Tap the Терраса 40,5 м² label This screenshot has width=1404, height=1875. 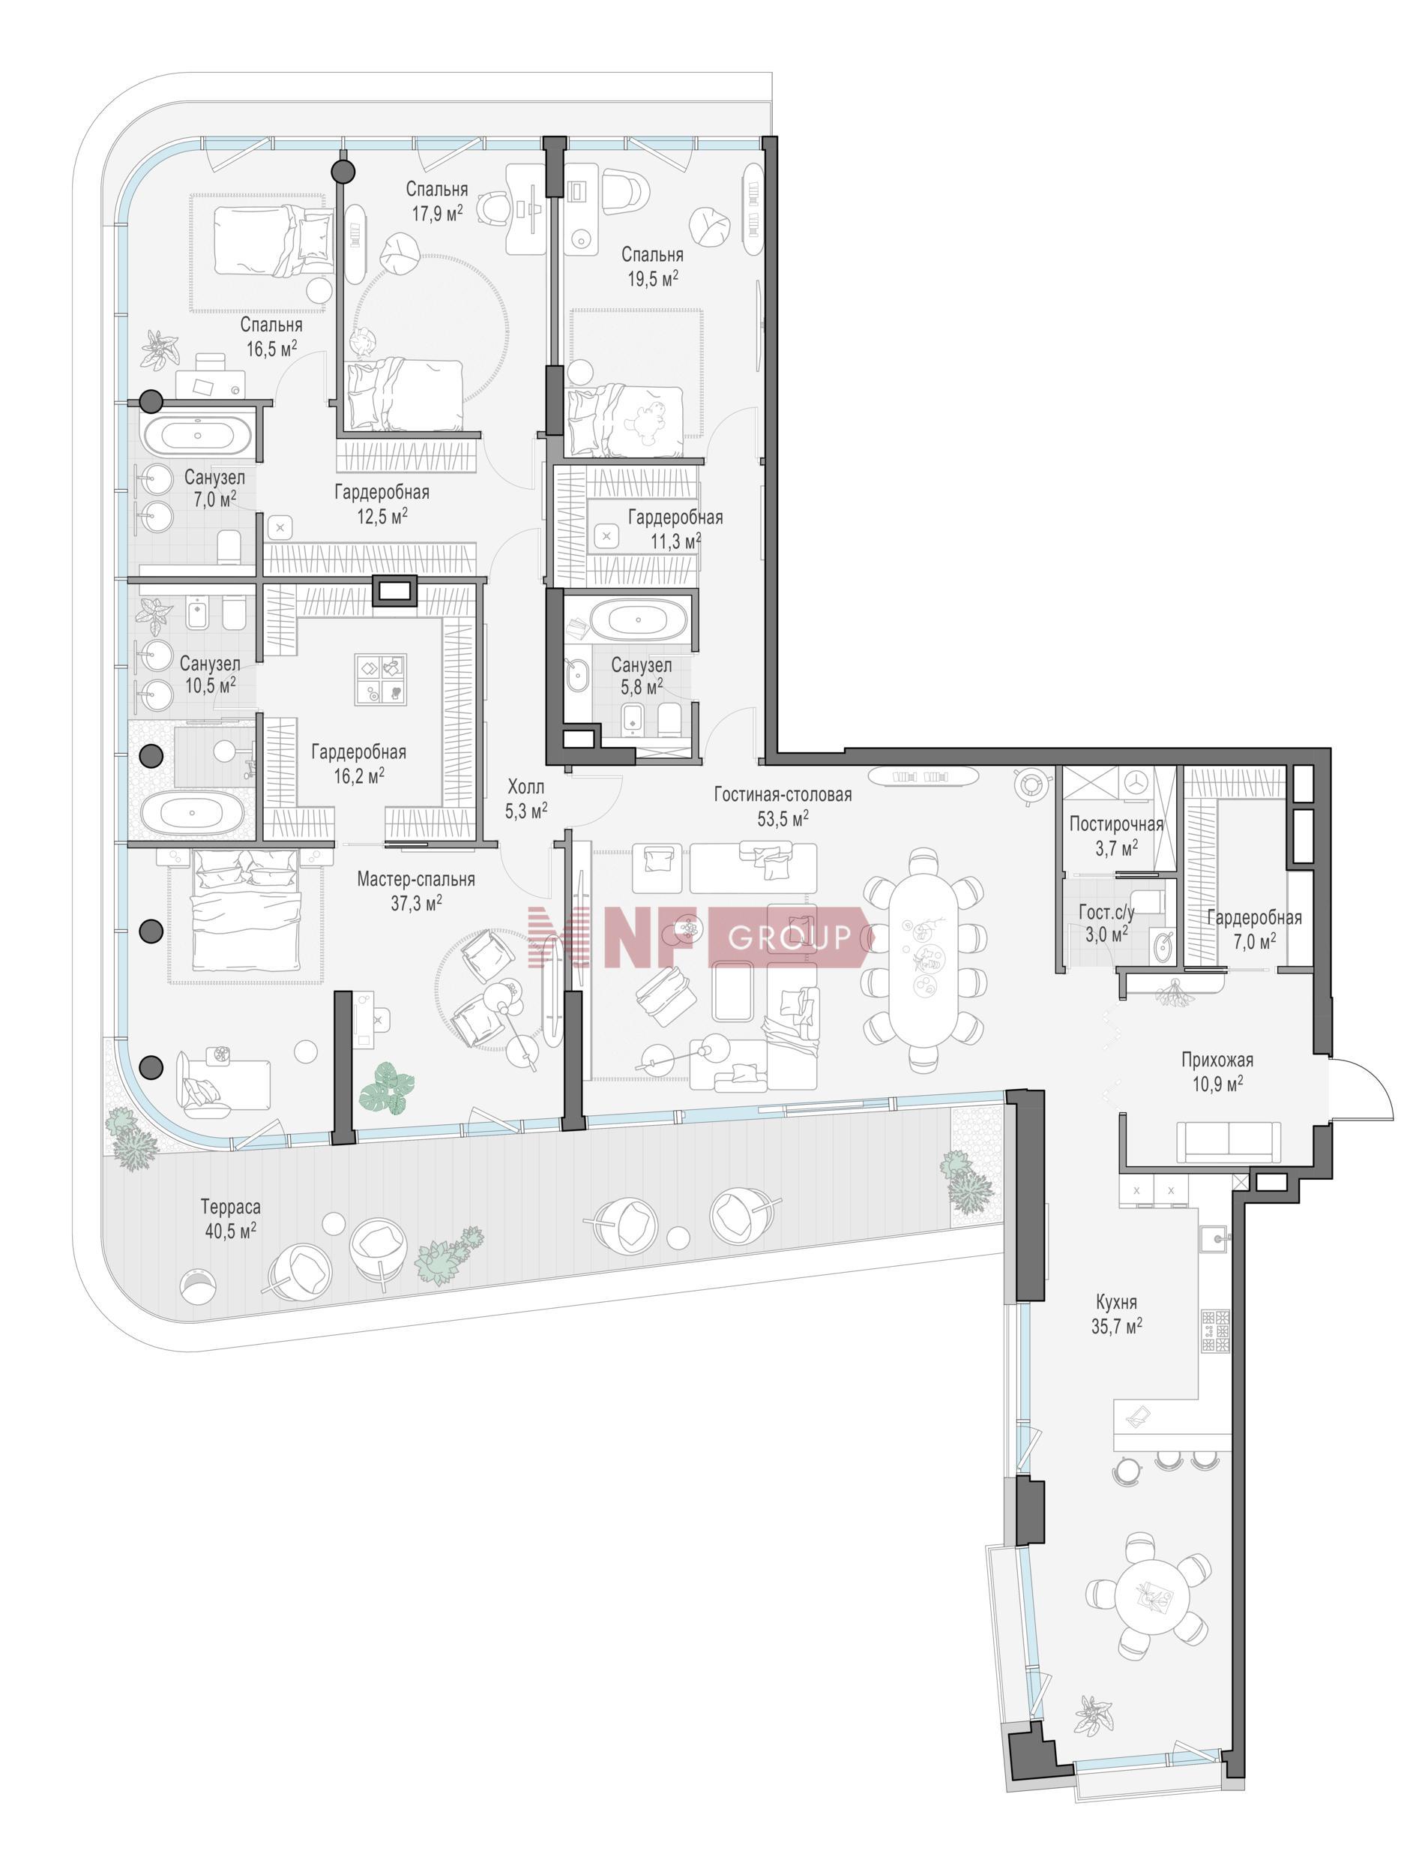229,1219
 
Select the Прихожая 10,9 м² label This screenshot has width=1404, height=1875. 1217,1072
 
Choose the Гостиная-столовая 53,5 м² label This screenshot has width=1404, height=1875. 782,806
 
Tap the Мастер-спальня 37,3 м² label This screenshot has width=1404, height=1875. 415,892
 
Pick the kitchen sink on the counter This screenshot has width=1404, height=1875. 1215,1237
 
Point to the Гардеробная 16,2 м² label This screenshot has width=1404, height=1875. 358,763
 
